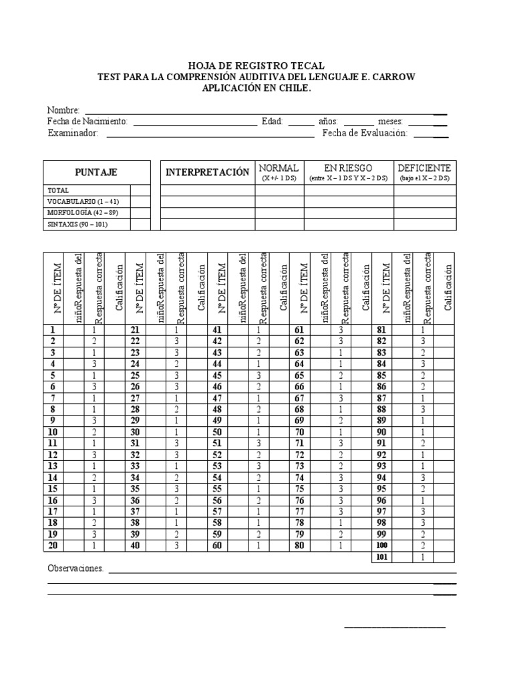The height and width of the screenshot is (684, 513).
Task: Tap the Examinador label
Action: [x=73, y=134]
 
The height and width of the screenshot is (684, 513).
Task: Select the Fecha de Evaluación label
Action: [x=365, y=134]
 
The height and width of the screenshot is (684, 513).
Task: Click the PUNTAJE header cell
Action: [x=96, y=172]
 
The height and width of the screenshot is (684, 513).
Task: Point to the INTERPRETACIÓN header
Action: [x=207, y=172]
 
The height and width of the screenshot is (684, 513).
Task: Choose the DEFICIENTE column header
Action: [x=424, y=168]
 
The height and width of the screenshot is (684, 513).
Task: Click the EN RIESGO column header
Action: [x=348, y=168]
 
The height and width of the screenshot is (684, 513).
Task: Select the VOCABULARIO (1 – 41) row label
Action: [x=82, y=201]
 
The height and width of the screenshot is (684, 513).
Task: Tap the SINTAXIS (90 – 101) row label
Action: [x=77, y=224]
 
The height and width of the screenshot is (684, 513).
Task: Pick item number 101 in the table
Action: [x=381, y=556]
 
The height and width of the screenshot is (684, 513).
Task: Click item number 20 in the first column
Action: [x=53, y=545]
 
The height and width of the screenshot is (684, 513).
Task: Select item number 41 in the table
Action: [x=217, y=330]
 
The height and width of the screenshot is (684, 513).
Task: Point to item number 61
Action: [x=299, y=330]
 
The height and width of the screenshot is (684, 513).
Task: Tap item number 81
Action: [x=381, y=330]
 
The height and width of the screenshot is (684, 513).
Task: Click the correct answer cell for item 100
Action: [x=423, y=546]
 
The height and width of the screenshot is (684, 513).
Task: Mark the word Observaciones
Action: [x=75, y=568]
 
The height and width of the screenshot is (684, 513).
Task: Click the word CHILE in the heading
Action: [x=295, y=88]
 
